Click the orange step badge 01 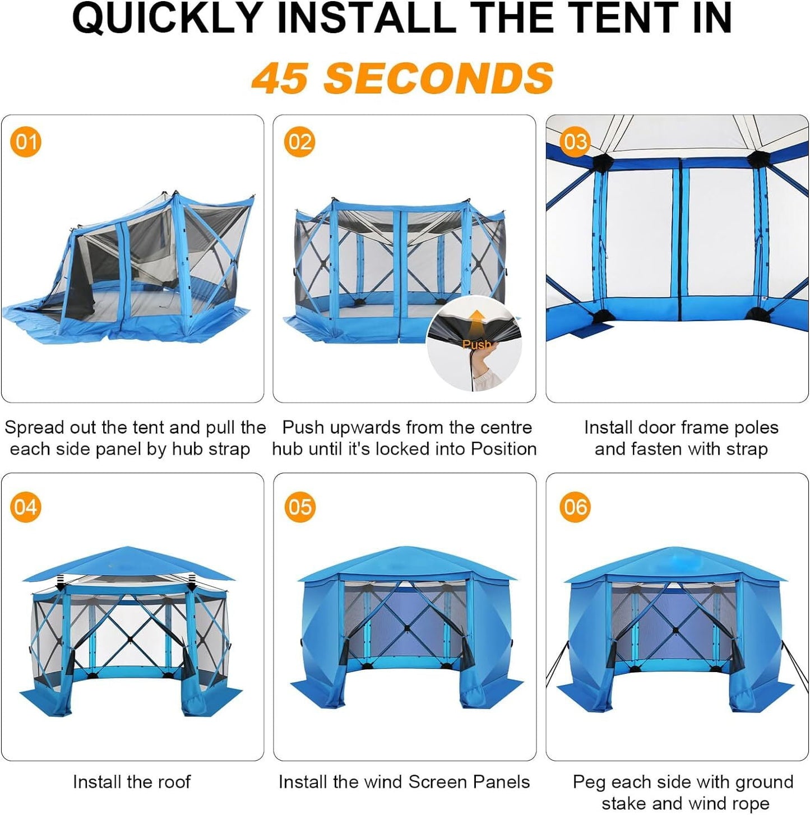26,142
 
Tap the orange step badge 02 299,142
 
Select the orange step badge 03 575,142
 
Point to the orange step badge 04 26,507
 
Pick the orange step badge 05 299,507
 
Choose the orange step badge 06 575,507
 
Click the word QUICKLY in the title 168,18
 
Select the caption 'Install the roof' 132,781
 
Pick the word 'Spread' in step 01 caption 34,428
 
